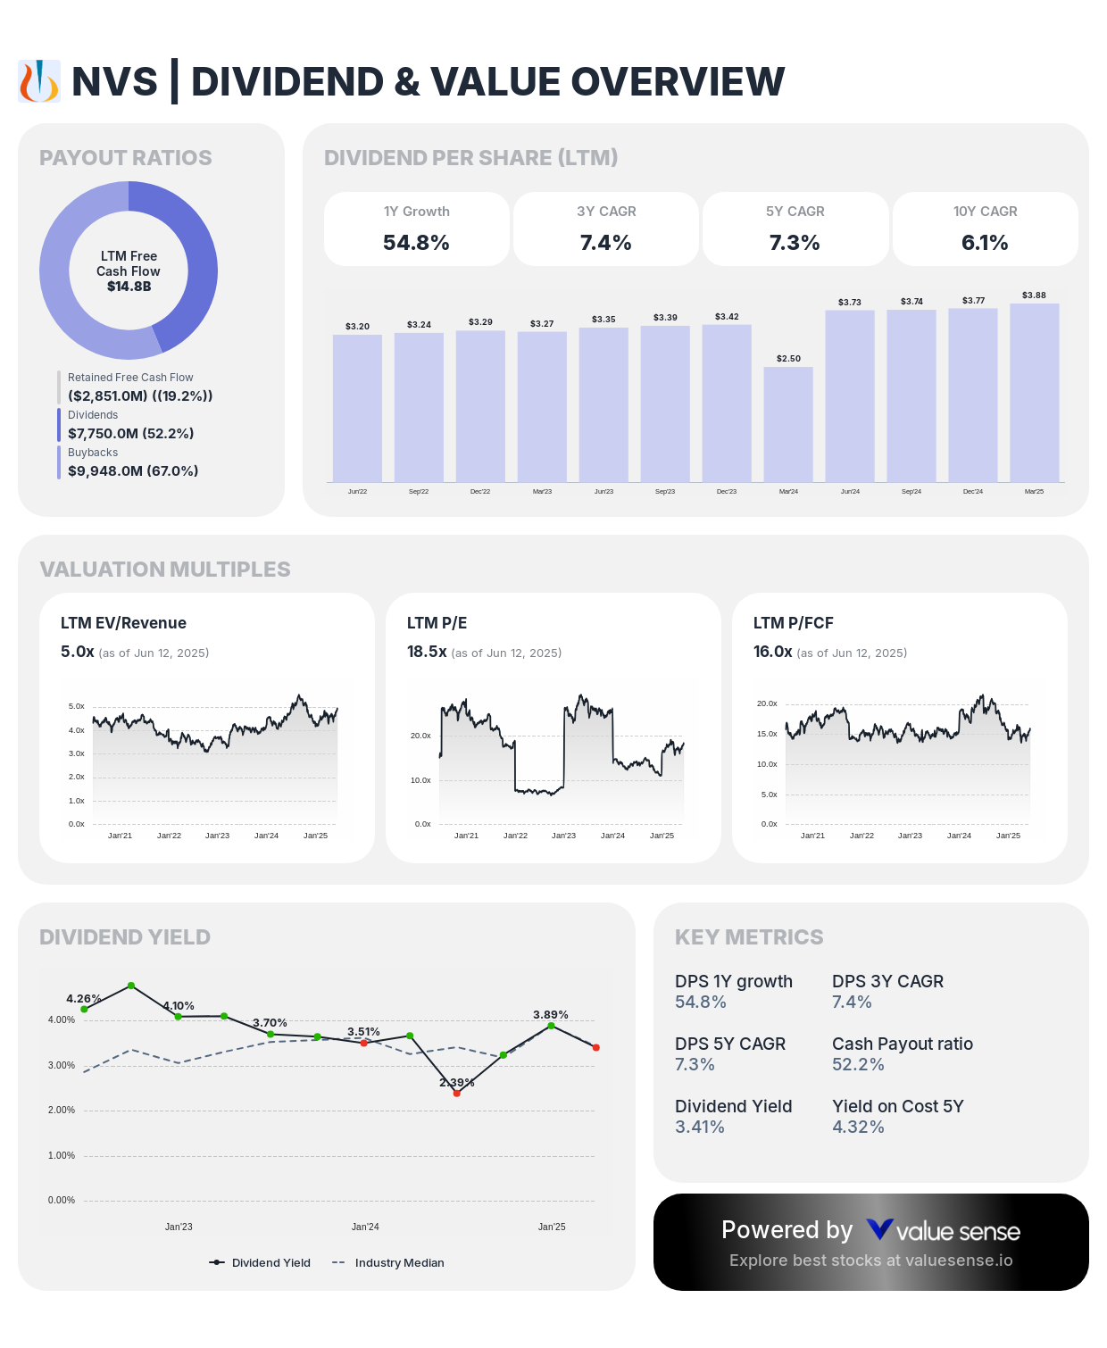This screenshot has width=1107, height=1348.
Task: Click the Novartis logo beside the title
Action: (x=39, y=81)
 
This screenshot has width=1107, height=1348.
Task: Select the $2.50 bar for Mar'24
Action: (x=788, y=424)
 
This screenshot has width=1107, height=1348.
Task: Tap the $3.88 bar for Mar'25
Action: (x=1034, y=393)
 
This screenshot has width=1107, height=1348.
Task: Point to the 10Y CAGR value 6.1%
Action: (x=985, y=243)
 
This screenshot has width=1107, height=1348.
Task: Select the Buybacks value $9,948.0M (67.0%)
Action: (x=133, y=470)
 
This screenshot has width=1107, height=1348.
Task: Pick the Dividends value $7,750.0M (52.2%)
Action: (x=130, y=433)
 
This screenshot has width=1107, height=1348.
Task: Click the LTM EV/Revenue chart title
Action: (x=123, y=623)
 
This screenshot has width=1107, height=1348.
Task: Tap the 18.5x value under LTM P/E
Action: (x=427, y=652)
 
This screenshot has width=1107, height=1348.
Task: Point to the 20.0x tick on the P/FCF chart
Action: (x=767, y=703)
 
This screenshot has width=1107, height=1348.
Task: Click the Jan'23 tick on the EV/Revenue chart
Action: (x=217, y=836)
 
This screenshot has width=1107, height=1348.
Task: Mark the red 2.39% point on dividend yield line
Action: (x=456, y=1093)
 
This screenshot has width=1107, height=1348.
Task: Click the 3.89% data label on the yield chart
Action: (x=551, y=1014)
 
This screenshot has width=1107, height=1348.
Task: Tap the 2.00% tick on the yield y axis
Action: (x=62, y=1110)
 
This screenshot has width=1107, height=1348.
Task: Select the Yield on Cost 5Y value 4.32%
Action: (x=858, y=1127)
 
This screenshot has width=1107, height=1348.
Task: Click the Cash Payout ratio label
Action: (x=902, y=1044)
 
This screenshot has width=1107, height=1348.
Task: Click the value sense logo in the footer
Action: (x=943, y=1231)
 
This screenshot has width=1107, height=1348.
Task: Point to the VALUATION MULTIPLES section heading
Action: (x=165, y=569)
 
